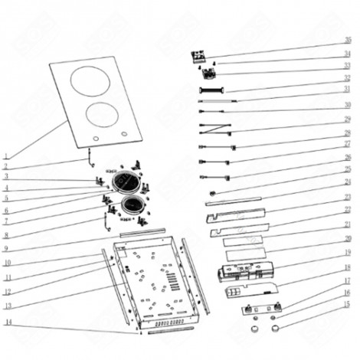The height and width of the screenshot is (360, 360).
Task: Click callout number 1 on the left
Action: (x=5, y=155)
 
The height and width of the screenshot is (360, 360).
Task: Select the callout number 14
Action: (x=5, y=323)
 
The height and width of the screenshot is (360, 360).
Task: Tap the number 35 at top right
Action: (x=347, y=39)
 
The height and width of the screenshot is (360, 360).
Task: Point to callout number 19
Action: (x=347, y=251)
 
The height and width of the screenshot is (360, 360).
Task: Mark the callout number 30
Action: (x=347, y=104)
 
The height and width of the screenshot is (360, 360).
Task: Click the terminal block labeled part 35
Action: (x=199, y=55)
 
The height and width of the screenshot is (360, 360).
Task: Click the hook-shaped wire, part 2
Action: (x=90, y=158)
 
